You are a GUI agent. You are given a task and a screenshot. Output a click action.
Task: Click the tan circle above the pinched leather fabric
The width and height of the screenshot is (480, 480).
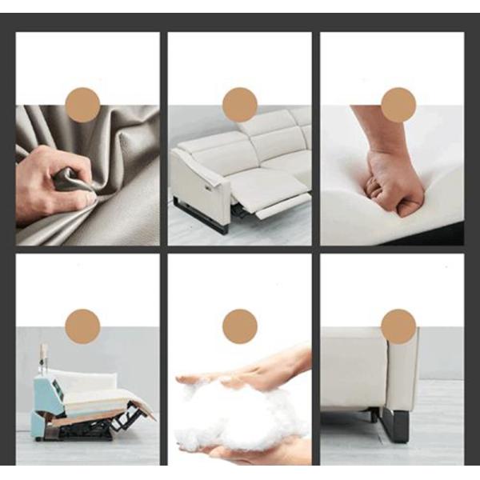82,105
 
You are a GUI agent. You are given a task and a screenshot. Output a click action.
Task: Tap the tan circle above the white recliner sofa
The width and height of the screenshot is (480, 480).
239,105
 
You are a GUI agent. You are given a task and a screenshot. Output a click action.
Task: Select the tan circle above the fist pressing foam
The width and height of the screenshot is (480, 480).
398,105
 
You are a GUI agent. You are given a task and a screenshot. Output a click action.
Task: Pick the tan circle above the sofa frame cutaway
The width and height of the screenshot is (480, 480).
82,326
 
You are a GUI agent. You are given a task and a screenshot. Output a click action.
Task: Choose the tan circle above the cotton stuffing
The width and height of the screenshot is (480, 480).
239,326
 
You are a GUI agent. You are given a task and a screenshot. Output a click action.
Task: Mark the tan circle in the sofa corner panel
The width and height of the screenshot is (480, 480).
398,326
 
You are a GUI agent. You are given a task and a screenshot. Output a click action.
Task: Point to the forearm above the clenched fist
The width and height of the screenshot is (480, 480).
376,128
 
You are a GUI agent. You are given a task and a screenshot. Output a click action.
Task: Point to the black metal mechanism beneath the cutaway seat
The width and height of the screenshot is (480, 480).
96,424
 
